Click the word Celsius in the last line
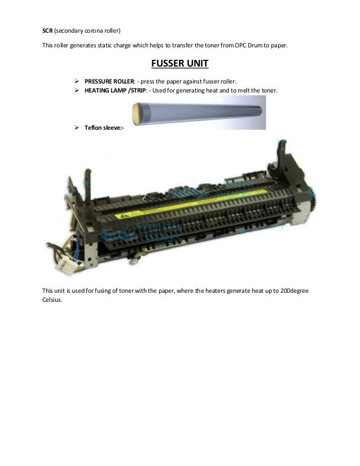(54, 300)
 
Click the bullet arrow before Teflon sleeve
(77, 129)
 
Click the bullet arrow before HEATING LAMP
(77, 91)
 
